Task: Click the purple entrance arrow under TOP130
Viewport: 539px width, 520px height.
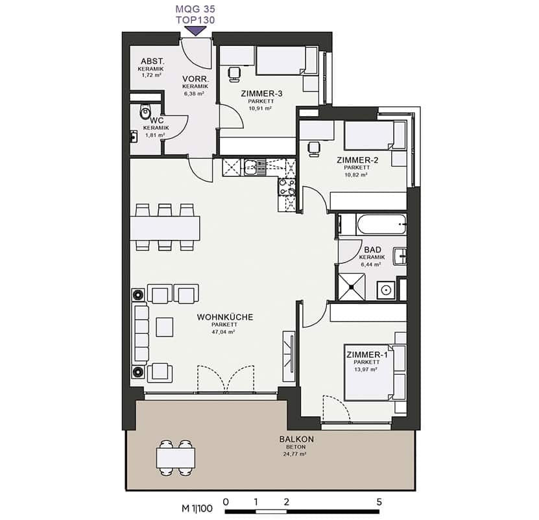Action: pos(196,31)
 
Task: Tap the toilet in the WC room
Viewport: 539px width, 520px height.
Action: pos(145,112)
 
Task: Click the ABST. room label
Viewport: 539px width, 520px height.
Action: pos(152,61)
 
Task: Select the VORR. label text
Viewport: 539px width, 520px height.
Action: pos(196,79)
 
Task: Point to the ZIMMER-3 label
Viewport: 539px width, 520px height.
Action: pos(261,93)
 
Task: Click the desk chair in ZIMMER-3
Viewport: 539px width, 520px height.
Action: pos(234,74)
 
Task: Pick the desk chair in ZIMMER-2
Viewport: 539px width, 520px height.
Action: pos(314,149)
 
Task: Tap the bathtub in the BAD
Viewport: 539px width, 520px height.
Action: pos(381,224)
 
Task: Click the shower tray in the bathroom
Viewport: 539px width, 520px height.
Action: pos(352,287)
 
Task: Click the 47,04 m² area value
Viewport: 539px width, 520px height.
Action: pos(223,332)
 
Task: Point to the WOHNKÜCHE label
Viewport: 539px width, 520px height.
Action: pos(225,317)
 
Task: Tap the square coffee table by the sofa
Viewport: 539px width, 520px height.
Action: pos(164,327)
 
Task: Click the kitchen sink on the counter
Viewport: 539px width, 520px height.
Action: pos(255,167)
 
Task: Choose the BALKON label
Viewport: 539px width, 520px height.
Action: pos(296,439)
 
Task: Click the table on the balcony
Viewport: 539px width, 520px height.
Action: pos(176,458)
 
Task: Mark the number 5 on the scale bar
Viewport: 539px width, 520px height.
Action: pos(379,502)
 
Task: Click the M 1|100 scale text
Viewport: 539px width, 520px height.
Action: pos(197,508)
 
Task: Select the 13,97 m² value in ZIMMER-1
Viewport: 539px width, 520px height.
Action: pos(366,370)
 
